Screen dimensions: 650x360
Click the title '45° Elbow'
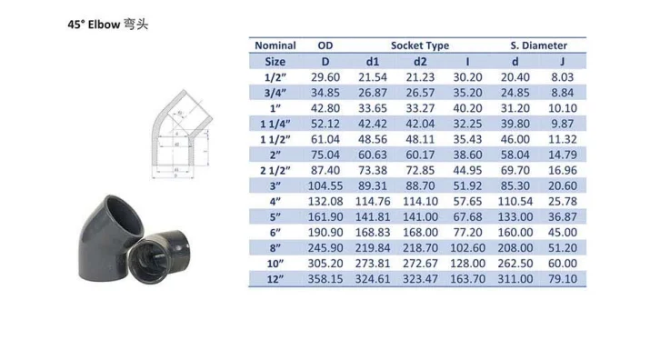pyautogui.click(x=94, y=25)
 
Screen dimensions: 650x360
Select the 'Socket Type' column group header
pyautogui.click(x=419, y=45)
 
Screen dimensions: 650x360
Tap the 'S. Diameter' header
pyautogui.click(x=538, y=45)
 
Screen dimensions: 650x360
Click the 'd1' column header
pyautogui.click(x=372, y=62)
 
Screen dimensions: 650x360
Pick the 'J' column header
pyautogui.click(x=562, y=62)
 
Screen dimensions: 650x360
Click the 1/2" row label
pyautogui.click(x=275, y=77)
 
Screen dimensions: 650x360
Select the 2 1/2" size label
pyautogui.click(x=275, y=170)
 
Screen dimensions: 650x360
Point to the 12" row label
pyautogui.click(x=275, y=279)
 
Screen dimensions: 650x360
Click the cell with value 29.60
pyautogui.click(x=325, y=77)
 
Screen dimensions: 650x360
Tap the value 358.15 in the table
pyautogui.click(x=325, y=279)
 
